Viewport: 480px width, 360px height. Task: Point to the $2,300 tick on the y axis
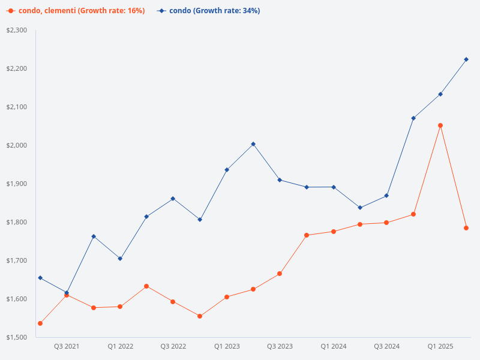click(x=17, y=30)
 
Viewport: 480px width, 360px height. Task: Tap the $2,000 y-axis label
click(x=17, y=145)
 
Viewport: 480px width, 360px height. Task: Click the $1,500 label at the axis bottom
click(x=17, y=337)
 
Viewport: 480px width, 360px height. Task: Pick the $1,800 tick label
click(x=17, y=222)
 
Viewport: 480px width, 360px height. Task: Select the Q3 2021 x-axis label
click(x=67, y=346)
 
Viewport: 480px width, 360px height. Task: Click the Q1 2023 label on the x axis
click(x=227, y=346)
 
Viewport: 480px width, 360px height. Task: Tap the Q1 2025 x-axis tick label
click(x=440, y=346)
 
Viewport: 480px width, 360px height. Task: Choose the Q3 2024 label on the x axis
click(x=387, y=346)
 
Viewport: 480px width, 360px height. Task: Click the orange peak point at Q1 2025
click(x=440, y=125)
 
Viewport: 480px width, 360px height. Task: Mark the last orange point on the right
click(x=466, y=228)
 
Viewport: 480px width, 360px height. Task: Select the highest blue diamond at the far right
click(x=466, y=59)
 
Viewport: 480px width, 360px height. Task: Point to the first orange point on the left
click(x=40, y=323)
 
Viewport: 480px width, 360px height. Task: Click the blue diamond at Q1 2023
click(x=227, y=170)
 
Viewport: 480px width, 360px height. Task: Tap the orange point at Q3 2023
click(x=280, y=274)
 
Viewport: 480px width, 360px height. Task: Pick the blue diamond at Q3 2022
click(x=173, y=199)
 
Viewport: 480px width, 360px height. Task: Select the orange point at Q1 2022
click(x=120, y=307)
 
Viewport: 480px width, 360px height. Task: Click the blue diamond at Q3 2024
click(x=386, y=196)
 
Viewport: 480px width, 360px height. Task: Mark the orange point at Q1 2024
click(x=334, y=232)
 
